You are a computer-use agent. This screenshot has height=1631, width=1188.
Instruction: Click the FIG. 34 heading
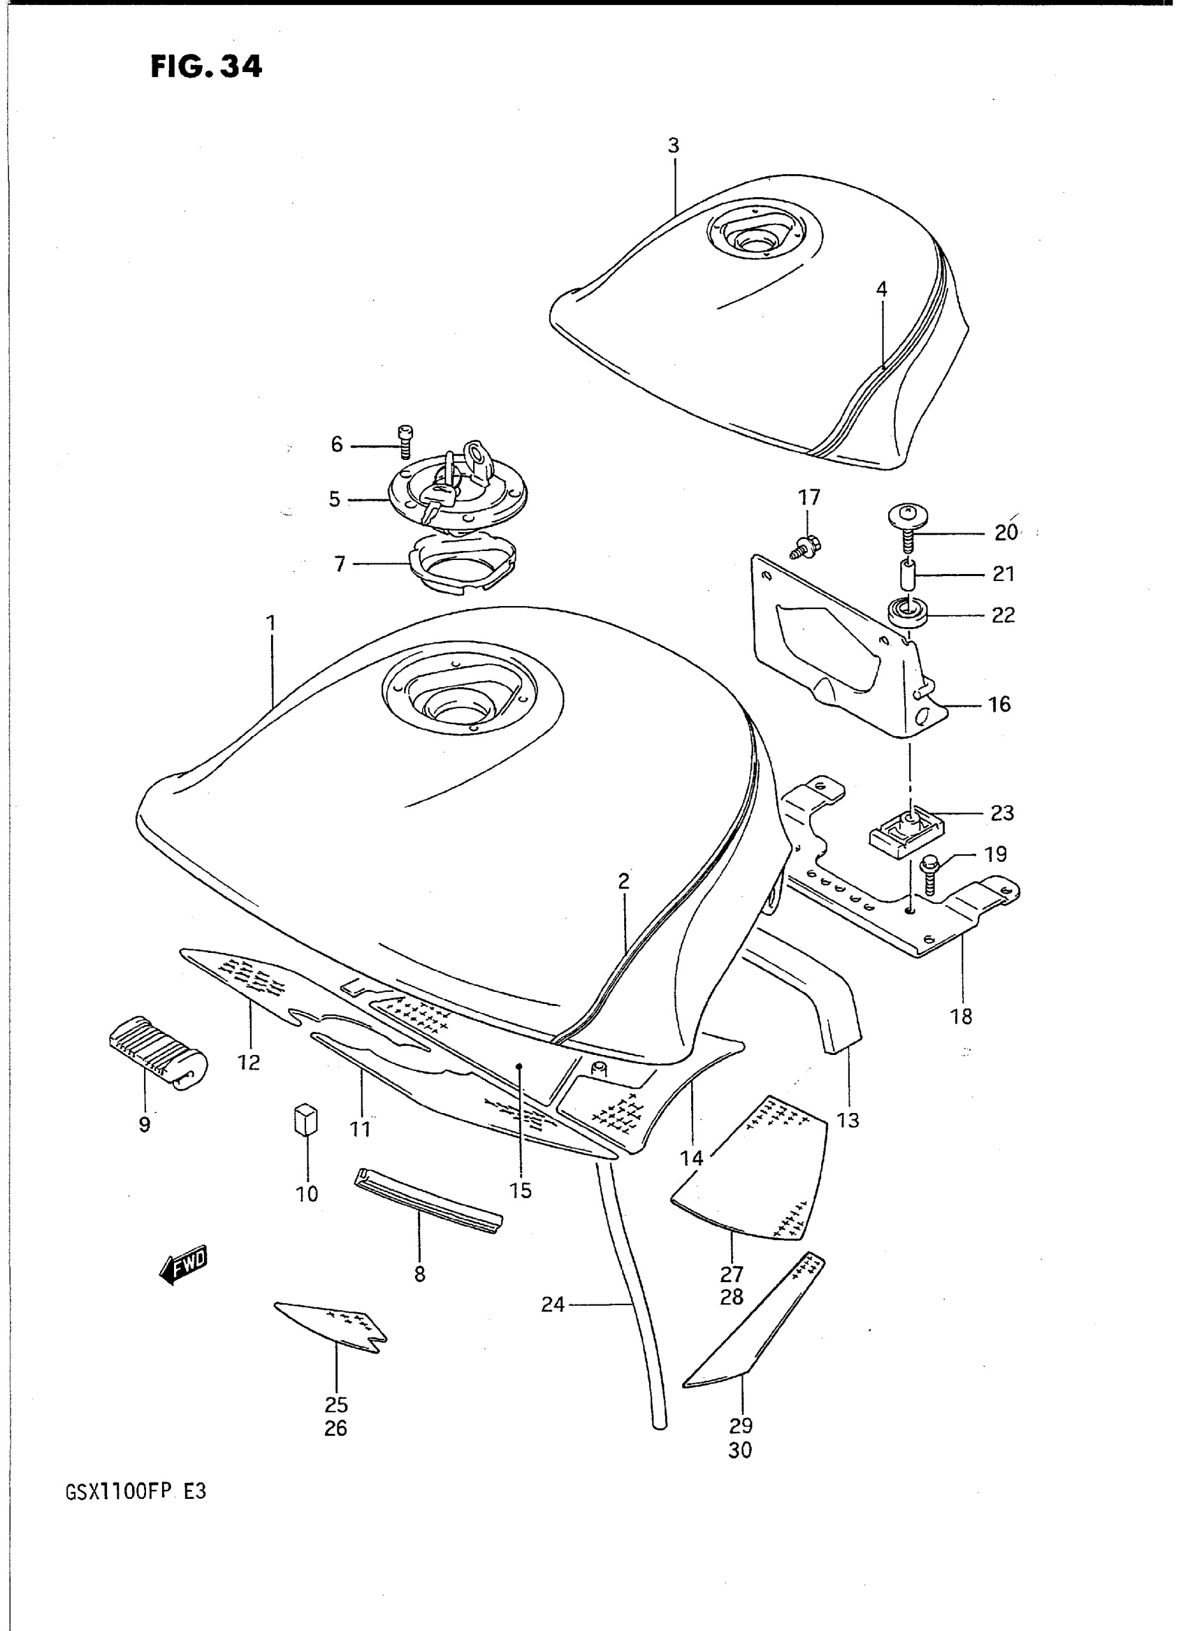click(206, 66)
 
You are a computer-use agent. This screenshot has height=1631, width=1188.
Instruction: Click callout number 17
click(809, 497)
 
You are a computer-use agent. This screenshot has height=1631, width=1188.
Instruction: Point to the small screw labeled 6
click(403, 441)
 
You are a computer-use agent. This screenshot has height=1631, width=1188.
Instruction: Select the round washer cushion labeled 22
click(908, 614)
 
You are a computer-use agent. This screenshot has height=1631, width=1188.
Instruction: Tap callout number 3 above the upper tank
click(673, 145)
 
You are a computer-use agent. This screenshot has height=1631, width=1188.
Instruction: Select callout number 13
click(848, 1119)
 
